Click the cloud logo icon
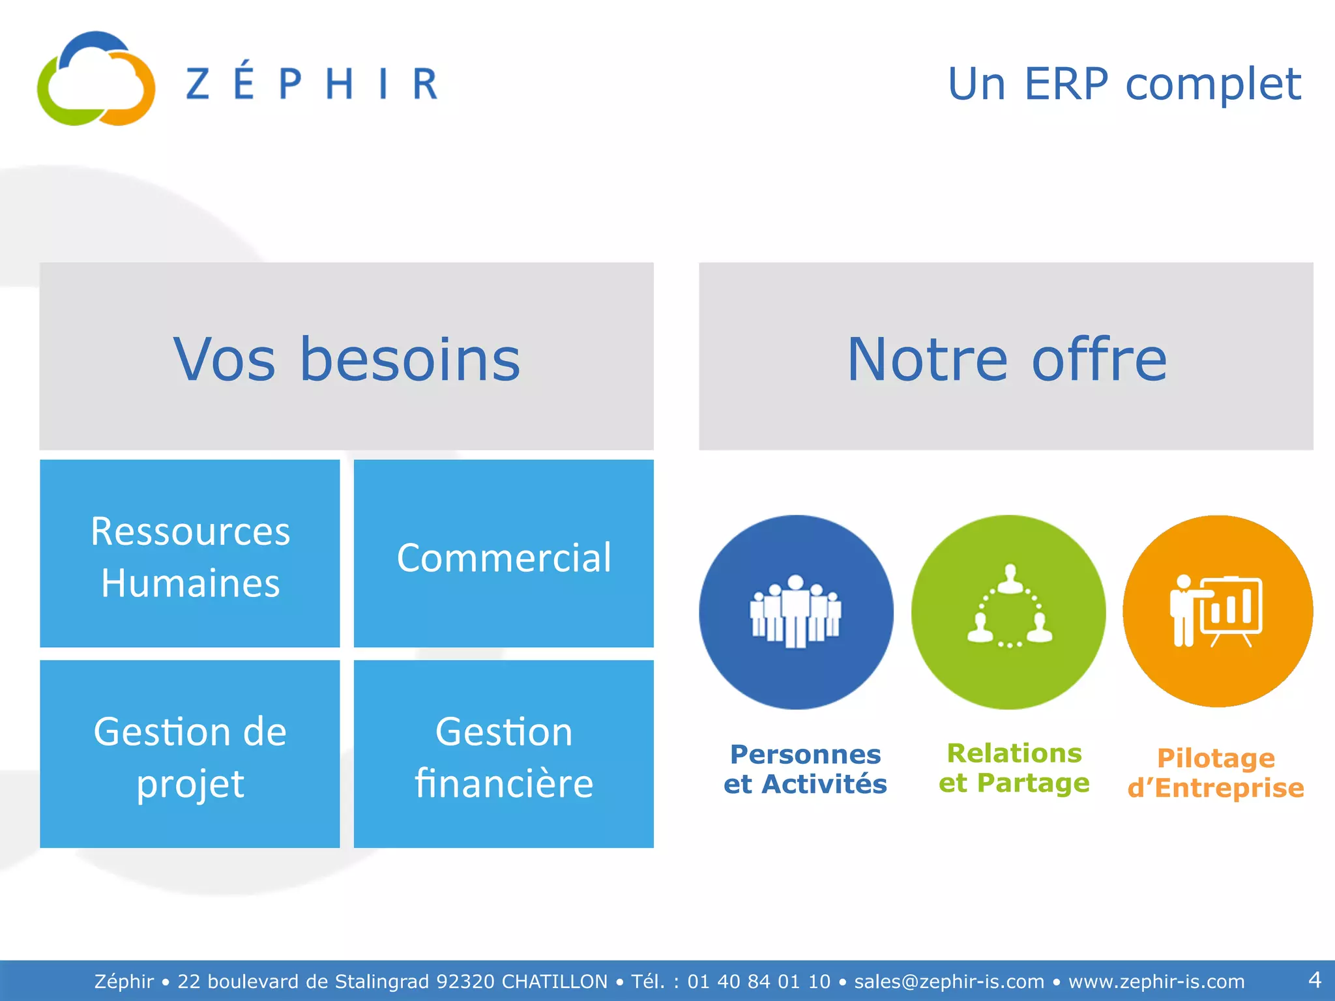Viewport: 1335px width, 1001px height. tap(96, 80)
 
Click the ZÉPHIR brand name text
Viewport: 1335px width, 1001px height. tap(312, 83)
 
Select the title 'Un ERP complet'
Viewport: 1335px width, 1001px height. tap(1124, 84)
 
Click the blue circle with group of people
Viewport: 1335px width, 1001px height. tap(796, 612)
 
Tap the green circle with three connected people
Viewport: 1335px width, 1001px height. tap(1008, 612)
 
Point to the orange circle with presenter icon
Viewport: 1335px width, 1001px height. tap(1217, 611)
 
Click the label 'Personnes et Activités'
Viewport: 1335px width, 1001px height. tap(805, 769)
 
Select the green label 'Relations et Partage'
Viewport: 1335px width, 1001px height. tap(1014, 768)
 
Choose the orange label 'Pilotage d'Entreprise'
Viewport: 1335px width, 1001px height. tap(1216, 773)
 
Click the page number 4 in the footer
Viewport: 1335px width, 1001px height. tap(1314, 979)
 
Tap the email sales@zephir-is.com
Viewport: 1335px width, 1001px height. tap(949, 981)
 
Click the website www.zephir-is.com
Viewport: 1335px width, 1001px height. tap(1156, 981)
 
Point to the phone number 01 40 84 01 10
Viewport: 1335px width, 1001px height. tap(759, 981)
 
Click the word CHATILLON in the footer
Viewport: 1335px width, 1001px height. tap(554, 981)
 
